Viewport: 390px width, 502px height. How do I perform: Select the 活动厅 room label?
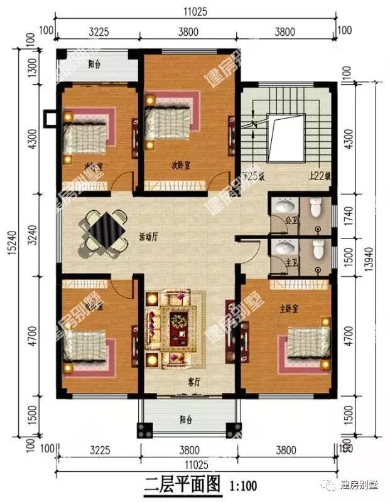pos(148,237)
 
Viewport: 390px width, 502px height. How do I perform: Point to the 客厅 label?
pos(195,382)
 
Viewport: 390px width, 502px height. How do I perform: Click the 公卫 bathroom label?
pos(290,220)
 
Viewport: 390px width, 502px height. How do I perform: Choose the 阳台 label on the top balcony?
pos(95,63)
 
